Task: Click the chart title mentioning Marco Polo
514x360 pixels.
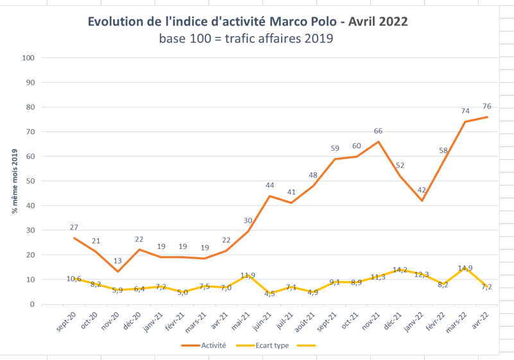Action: point(248,22)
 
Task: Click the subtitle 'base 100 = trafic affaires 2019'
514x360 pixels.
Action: point(246,39)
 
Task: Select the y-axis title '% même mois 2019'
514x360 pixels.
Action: point(15,182)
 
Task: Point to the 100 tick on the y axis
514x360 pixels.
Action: point(28,58)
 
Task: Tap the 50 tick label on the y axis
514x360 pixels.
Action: point(30,182)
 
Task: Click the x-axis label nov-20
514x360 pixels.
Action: point(110,321)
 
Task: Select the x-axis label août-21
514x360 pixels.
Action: point(305,322)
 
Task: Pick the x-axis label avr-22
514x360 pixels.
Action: point(481,320)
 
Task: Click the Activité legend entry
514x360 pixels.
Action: point(204,346)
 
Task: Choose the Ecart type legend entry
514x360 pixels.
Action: point(262,346)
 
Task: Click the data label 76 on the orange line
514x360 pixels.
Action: point(487,107)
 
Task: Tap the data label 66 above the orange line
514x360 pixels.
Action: point(378,131)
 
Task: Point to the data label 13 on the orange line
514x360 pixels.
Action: point(117,261)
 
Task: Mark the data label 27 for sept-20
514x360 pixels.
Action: point(74,227)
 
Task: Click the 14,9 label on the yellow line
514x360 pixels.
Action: point(465,268)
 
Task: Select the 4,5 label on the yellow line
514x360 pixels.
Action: point(270,294)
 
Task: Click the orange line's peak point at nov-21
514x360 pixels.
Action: point(379,142)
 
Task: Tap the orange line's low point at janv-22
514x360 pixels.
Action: point(422,201)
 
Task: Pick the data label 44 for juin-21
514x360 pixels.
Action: point(270,185)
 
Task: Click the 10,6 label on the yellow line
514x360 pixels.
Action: point(74,279)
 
